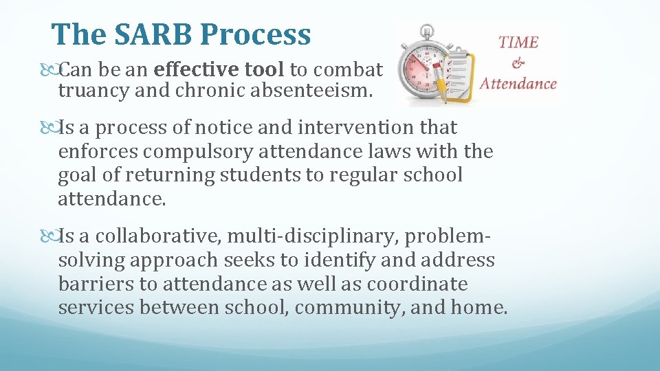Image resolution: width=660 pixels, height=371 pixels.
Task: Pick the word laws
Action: (414, 151)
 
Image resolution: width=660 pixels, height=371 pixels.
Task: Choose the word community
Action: (349, 307)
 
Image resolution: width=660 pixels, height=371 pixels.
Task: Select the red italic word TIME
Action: (518, 42)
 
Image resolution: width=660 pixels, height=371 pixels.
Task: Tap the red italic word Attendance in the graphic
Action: (518, 84)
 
